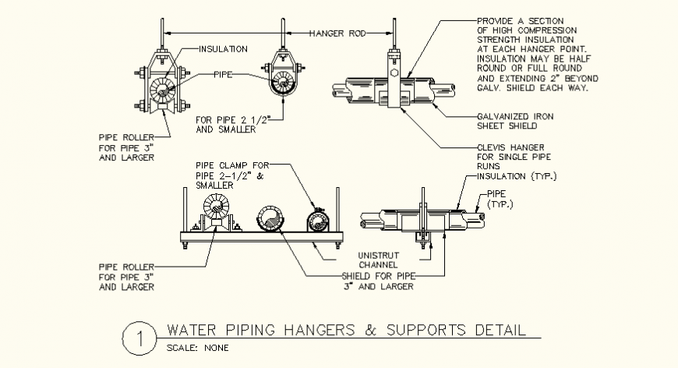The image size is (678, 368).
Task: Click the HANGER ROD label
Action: tap(337, 33)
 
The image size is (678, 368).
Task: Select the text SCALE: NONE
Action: tap(198, 348)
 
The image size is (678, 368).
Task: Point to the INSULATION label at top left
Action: tap(223, 48)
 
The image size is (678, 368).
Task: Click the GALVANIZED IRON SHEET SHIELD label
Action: tap(510, 121)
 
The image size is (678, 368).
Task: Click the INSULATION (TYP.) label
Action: tap(514, 176)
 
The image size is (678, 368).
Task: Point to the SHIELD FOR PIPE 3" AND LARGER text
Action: tap(379, 281)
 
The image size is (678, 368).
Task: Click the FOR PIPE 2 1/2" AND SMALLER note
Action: tap(230, 125)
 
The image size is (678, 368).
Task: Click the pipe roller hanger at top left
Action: tap(164, 88)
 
